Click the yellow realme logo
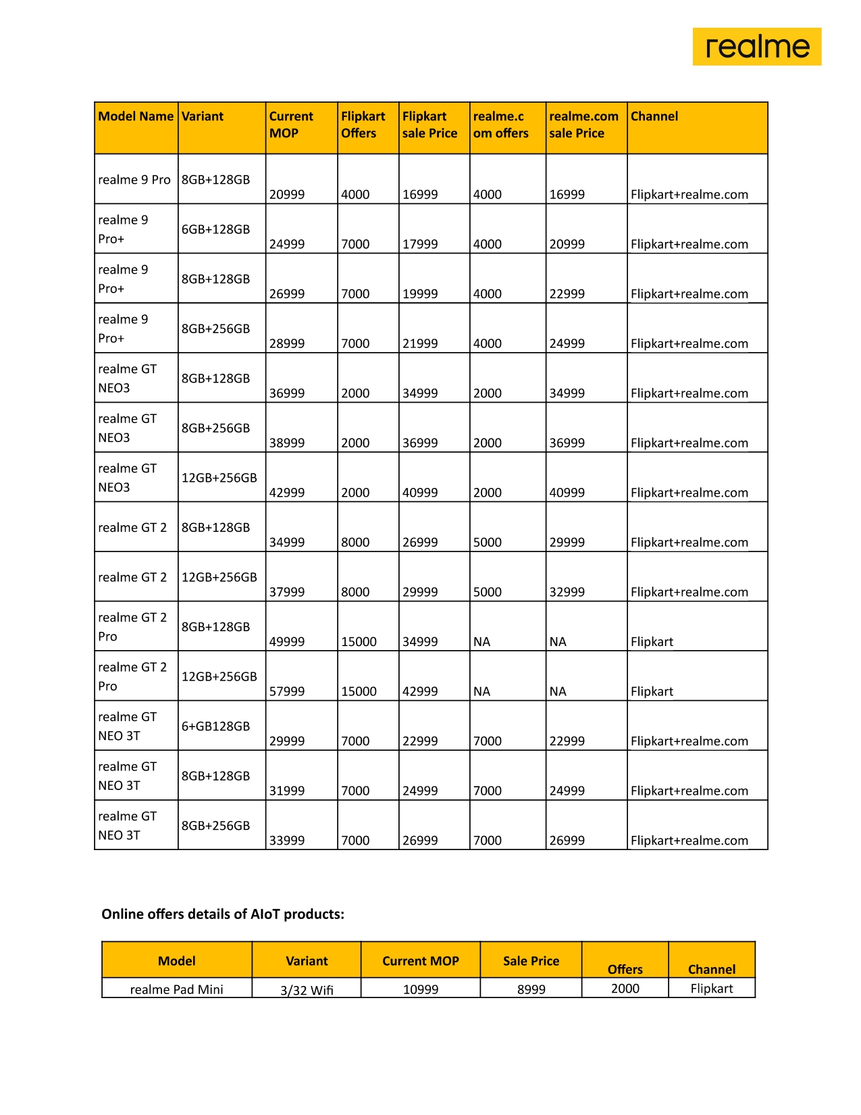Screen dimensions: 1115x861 [x=756, y=47]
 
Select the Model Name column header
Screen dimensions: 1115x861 [x=136, y=116]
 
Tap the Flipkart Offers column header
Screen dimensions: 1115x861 [x=363, y=125]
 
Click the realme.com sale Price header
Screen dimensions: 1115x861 [x=583, y=125]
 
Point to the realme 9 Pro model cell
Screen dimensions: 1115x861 [x=134, y=180]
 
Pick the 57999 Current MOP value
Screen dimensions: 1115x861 [x=287, y=691]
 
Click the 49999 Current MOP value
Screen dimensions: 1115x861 [x=287, y=641]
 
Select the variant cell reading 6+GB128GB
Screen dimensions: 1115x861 [x=215, y=726]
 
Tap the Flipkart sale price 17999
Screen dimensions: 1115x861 [x=420, y=244]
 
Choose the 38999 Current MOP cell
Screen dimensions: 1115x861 [x=287, y=443]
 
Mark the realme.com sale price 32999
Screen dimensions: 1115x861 [x=567, y=592]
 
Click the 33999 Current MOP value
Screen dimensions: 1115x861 [x=287, y=841]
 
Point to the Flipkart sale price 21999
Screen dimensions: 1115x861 [x=420, y=343]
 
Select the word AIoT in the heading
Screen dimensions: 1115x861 [x=265, y=914]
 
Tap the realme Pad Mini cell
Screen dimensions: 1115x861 [x=176, y=989]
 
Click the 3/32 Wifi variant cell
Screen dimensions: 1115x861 [x=307, y=990]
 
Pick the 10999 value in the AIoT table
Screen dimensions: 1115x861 [x=421, y=989]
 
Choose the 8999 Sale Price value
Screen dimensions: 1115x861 [x=531, y=989]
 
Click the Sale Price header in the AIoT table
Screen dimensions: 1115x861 [x=531, y=961]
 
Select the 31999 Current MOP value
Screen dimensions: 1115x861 [x=287, y=791]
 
